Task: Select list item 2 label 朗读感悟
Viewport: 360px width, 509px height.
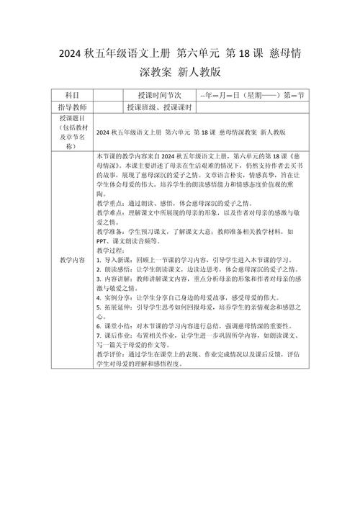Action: pyautogui.click(x=119, y=269)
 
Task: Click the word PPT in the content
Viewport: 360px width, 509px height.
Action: pyautogui.click(x=103, y=241)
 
